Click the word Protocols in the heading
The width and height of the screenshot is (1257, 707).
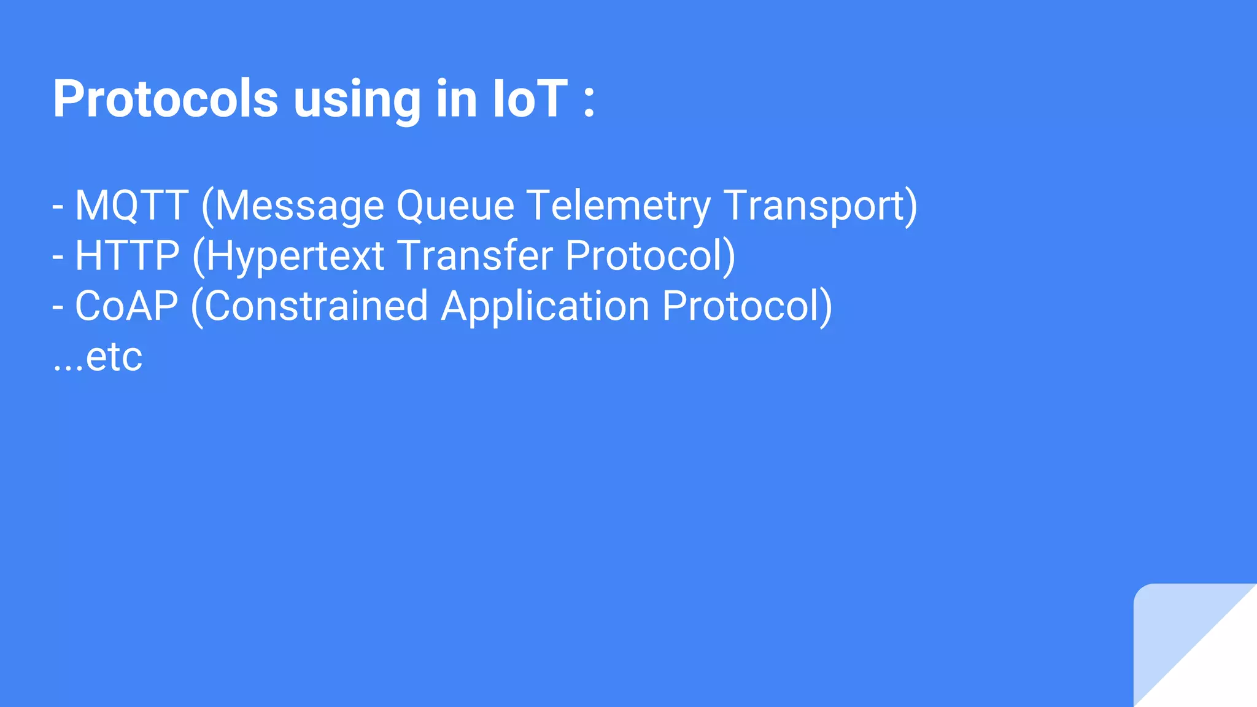click(x=165, y=99)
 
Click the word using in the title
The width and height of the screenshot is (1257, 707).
click(x=357, y=100)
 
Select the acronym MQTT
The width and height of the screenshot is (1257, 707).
click(x=131, y=205)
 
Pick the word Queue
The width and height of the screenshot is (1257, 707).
click(x=455, y=206)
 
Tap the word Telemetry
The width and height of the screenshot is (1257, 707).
click(x=618, y=206)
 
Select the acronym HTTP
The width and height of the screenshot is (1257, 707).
click(x=127, y=256)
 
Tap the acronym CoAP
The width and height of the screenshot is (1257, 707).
click(x=126, y=306)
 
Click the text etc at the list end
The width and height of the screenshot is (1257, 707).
click(x=114, y=357)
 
